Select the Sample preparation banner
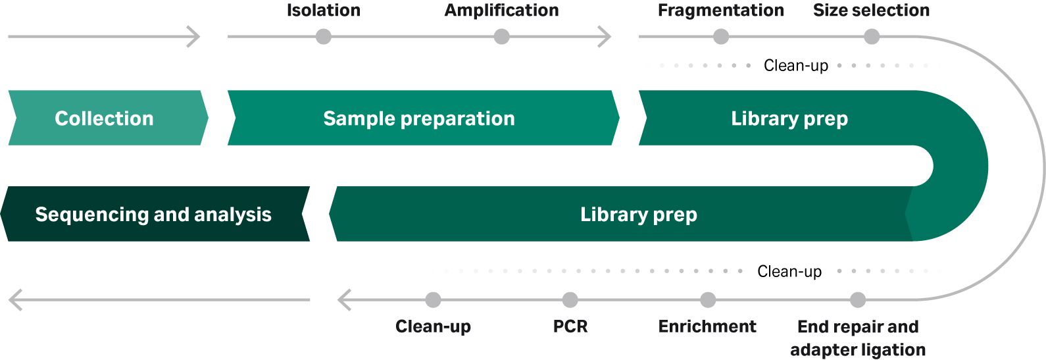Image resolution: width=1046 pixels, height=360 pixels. pyautogui.click(x=420, y=118)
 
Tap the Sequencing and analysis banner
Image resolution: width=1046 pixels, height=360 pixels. pyautogui.click(x=154, y=214)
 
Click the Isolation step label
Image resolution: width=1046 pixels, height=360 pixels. pyautogui.click(x=324, y=11)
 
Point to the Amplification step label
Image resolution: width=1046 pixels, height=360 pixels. pyautogui.click(x=501, y=11)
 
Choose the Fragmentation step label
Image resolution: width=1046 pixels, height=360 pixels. pyautogui.click(x=720, y=11)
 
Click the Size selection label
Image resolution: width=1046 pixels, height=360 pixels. pyautogui.click(x=871, y=11)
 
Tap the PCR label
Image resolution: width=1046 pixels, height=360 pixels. pyautogui.click(x=570, y=326)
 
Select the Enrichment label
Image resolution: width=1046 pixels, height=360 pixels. pyautogui.click(x=707, y=326)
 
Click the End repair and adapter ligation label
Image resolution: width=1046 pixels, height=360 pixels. pyautogui.click(x=858, y=338)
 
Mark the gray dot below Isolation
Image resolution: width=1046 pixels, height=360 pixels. pyautogui.click(x=324, y=37)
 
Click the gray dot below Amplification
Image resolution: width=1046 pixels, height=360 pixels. pyautogui.click(x=501, y=37)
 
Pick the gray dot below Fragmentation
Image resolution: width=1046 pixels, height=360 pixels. pyautogui.click(x=721, y=37)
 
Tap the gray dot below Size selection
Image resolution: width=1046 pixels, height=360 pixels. pyautogui.click(x=872, y=37)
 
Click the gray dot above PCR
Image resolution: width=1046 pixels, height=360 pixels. pyautogui.click(x=570, y=300)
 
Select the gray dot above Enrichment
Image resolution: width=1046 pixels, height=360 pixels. pyautogui.click(x=708, y=300)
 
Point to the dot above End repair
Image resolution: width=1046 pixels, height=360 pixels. pyautogui.click(x=858, y=300)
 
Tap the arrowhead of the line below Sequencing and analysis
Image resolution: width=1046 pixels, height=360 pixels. pyautogui.click(x=14, y=300)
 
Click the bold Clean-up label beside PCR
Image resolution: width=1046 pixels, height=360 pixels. pyautogui.click(x=433, y=326)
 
